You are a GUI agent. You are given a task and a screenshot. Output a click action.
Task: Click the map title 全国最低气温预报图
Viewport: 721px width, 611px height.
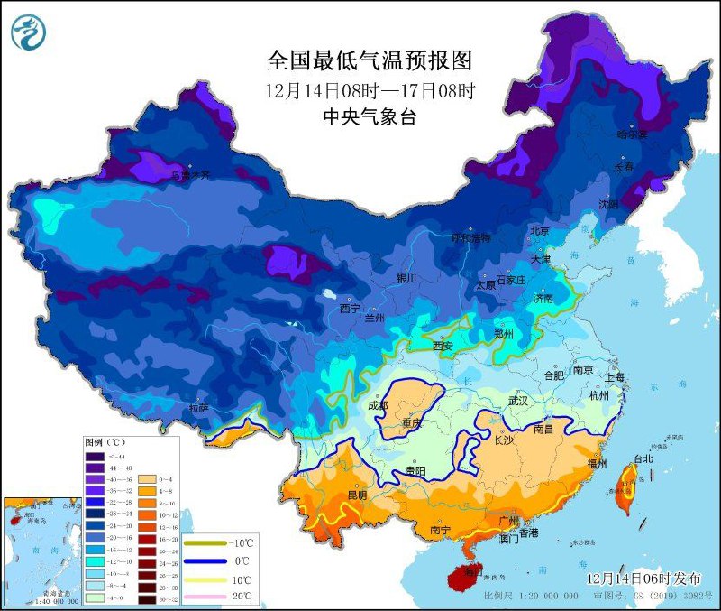[x=370, y=60]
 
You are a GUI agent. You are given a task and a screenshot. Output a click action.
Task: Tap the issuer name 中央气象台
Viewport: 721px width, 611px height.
[x=370, y=116]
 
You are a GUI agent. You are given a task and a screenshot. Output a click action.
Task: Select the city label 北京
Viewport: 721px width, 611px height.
[x=539, y=231]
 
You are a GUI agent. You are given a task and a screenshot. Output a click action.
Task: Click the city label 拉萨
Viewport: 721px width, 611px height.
[x=199, y=409]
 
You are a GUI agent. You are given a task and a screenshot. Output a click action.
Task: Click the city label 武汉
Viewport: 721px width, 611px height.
[x=518, y=400]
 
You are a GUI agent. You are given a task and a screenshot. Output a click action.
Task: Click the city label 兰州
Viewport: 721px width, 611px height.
[x=373, y=319]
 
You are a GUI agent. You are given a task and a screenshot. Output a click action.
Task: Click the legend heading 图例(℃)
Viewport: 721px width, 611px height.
[x=105, y=443]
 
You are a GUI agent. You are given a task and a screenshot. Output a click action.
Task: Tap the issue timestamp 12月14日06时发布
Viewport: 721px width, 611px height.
[x=641, y=578]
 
